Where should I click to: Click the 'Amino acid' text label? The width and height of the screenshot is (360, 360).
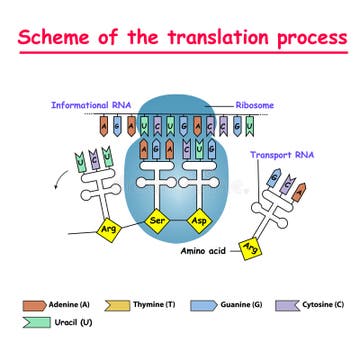point(205,253)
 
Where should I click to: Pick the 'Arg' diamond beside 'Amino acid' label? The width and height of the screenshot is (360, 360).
point(255,246)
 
